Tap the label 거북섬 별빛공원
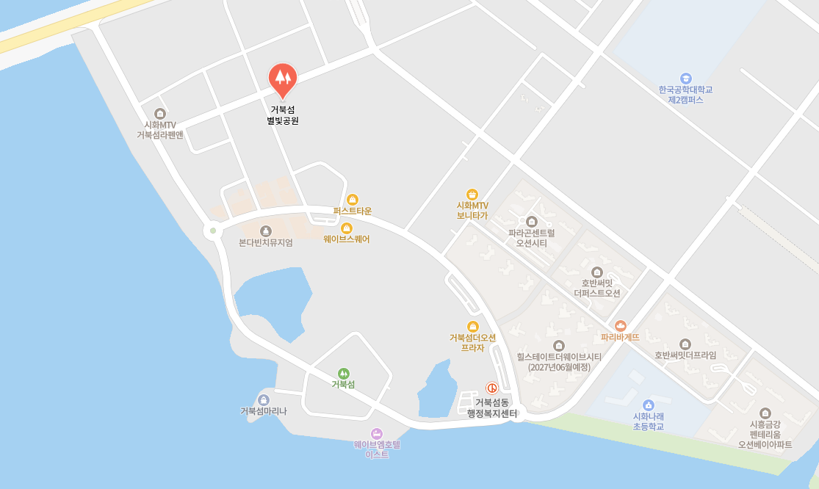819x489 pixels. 283,115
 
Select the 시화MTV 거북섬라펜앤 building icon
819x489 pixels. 160,113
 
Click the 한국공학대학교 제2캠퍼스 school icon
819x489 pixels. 685,78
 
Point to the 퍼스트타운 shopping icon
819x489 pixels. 353,199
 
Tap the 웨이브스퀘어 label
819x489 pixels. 347,239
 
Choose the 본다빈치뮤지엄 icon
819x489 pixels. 266,231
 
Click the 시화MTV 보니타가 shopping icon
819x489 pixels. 472,194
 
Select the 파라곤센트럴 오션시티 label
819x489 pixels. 532,238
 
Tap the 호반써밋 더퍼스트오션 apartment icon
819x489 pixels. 596,272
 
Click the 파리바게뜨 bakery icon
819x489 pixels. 621,325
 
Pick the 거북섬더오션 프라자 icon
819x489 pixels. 473,326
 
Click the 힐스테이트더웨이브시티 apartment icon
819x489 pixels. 559,345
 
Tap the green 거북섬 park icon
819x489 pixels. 343,373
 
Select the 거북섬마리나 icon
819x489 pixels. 264,399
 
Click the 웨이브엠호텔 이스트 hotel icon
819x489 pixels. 377,433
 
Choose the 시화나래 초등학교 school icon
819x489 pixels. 648,405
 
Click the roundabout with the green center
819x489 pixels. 213,231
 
